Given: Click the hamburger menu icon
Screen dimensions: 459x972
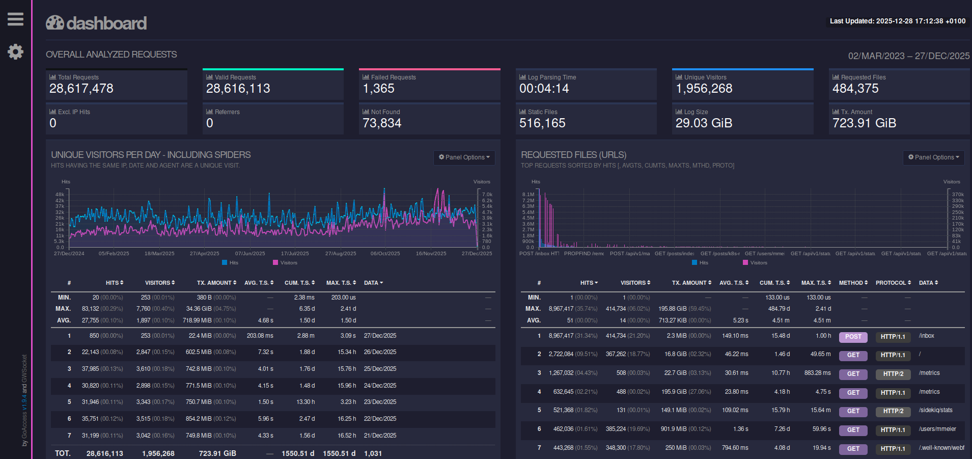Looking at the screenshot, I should pyautogui.click(x=15, y=19).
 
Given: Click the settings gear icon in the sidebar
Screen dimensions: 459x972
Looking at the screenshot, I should pyautogui.click(x=15, y=51).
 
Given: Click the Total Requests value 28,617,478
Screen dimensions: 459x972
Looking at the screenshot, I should pyautogui.click(x=81, y=89).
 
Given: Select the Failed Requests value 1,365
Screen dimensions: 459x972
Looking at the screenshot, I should pyautogui.click(x=378, y=89).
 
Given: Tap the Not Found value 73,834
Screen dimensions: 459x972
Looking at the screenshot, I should pyautogui.click(x=382, y=123).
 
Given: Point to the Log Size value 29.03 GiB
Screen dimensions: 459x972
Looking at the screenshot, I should pyautogui.click(x=704, y=123).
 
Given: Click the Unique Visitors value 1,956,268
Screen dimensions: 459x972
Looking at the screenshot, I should pyautogui.click(x=704, y=89).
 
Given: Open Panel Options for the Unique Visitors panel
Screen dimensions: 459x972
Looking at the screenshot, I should pyautogui.click(x=464, y=157).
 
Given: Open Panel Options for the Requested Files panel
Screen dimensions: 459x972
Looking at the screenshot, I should pyautogui.click(x=933, y=157).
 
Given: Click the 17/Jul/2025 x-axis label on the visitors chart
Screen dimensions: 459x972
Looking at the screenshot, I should pyautogui.click(x=295, y=254).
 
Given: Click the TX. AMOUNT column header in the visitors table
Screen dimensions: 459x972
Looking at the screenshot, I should pyautogui.click(x=216, y=283).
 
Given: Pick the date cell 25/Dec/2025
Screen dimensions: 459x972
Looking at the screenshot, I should pyautogui.click(x=380, y=369).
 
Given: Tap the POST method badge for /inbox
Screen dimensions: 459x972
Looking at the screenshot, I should pyautogui.click(x=853, y=337).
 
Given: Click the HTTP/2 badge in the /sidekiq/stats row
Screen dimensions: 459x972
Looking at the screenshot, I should pyautogui.click(x=893, y=411).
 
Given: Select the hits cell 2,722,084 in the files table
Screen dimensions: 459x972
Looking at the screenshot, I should pyautogui.click(x=561, y=354).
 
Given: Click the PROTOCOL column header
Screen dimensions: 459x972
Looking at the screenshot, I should pyautogui.click(x=893, y=283).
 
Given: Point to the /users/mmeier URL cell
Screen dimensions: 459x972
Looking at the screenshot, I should pyautogui.click(x=937, y=429).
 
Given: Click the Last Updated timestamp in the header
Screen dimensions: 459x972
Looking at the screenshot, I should pyautogui.click(x=897, y=21).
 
